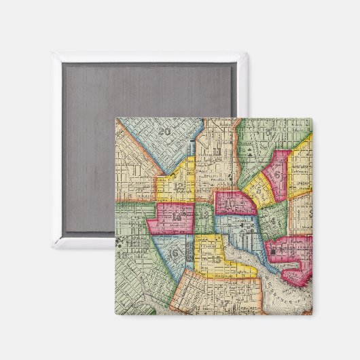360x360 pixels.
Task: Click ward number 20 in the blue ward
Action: click(164, 132)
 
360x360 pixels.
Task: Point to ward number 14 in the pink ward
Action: click(179, 218)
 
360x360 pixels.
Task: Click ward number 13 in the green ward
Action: click(205, 215)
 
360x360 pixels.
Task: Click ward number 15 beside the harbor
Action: click(215, 259)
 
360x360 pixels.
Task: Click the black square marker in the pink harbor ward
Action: click(274, 252)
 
